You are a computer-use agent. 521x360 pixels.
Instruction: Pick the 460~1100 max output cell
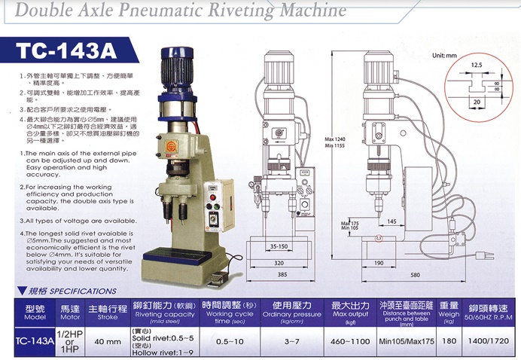point(351,340)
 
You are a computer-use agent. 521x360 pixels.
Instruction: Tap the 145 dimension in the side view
point(392,221)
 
